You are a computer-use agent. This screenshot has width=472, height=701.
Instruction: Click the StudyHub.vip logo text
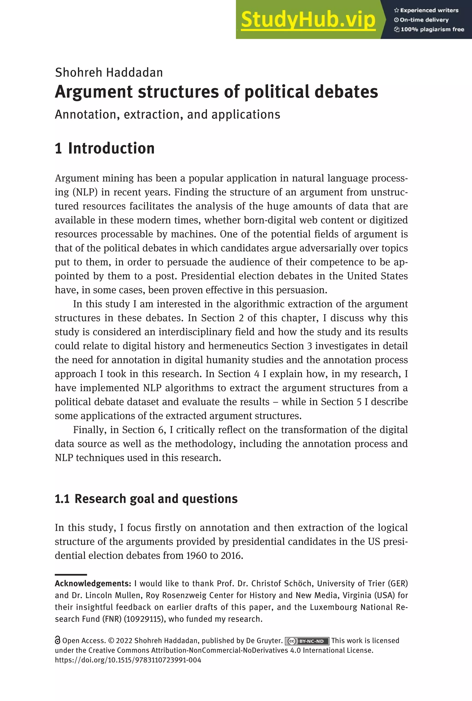[308, 20]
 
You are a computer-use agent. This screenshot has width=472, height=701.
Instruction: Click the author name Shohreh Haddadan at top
[109, 73]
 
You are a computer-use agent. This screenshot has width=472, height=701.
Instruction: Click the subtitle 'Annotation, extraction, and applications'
[167, 114]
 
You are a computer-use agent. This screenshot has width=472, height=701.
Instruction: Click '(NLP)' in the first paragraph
[85, 192]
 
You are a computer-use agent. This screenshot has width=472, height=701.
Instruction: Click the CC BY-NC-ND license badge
[307, 641]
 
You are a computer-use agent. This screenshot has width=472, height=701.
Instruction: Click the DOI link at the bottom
[128, 660]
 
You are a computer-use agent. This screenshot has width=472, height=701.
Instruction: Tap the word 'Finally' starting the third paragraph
[89, 430]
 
